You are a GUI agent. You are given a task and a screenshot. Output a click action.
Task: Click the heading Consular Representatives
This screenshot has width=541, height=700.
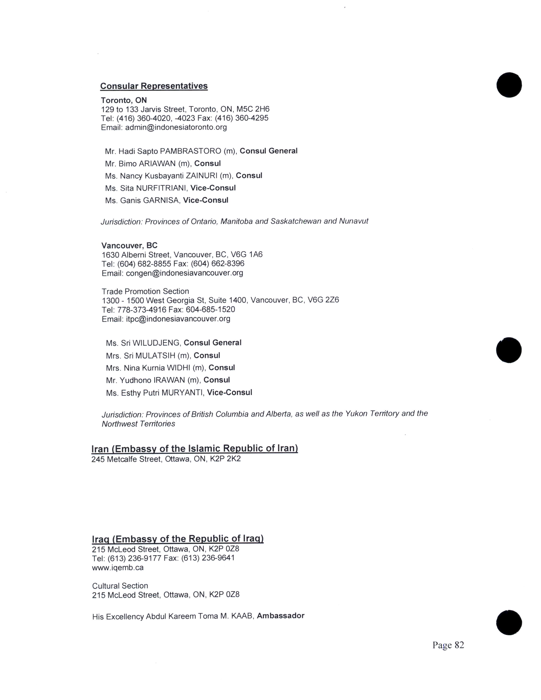(154, 86)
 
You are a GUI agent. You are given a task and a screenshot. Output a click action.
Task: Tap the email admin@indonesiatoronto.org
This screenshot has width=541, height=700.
(176, 127)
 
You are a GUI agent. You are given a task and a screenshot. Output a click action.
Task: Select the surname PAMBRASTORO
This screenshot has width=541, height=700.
(190, 151)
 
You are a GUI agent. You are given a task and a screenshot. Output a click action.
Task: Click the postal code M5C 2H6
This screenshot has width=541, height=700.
(253, 109)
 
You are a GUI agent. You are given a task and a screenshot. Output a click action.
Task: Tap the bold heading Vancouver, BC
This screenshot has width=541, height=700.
(129, 245)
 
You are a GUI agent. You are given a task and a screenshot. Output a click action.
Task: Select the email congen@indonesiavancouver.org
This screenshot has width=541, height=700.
(184, 273)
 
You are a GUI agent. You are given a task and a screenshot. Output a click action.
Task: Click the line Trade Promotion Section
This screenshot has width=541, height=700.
(145, 291)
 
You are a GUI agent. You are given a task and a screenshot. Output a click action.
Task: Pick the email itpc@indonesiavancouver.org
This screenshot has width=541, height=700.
(178, 319)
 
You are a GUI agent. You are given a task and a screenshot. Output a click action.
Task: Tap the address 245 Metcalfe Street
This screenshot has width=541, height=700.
(127, 459)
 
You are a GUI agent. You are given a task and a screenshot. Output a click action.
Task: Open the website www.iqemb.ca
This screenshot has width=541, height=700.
(118, 568)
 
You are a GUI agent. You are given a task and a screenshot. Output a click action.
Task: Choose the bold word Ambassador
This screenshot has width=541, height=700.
(280, 616)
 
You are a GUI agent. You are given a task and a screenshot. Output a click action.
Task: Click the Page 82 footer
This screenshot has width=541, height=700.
(448, 645)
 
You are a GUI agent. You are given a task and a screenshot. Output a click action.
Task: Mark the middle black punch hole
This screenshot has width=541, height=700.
(509, 350)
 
